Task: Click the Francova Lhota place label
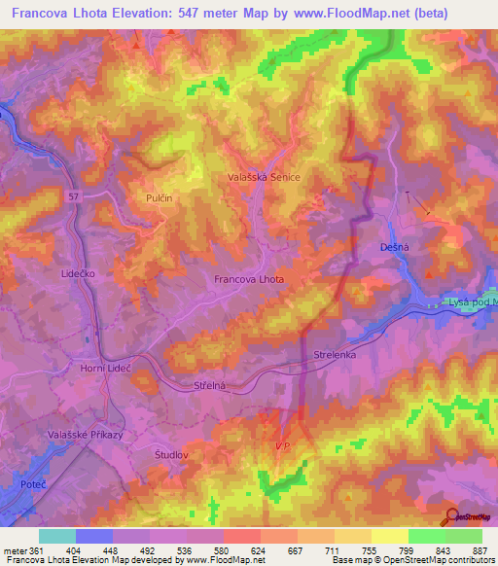(249, 279)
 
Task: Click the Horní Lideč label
(106, 371)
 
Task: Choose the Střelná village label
(209, 386)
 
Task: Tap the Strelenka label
(338, 356)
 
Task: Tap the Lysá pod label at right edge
(475, 302)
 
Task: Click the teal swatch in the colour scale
(57, 536)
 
